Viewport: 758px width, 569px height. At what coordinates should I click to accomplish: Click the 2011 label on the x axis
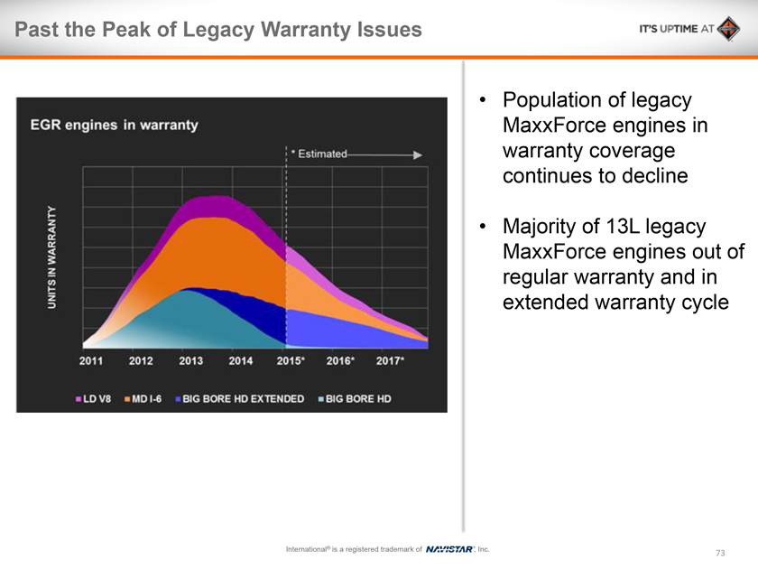91,361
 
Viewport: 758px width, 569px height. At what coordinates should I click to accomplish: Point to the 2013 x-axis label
190,361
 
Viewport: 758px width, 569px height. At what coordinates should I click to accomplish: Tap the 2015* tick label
291,361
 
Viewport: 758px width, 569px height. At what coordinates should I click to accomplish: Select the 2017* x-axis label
390,361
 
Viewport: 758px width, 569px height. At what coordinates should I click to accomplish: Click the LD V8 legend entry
93,398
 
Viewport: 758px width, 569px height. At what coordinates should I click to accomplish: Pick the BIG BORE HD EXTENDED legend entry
241,398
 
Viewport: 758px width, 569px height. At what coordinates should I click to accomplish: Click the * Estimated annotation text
319,154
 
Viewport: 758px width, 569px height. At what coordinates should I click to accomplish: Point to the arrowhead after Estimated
417,154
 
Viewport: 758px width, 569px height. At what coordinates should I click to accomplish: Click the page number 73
720,553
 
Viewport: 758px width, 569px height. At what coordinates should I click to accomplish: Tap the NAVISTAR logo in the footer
449,549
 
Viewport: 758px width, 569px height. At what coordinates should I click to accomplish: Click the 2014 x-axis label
241,361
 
